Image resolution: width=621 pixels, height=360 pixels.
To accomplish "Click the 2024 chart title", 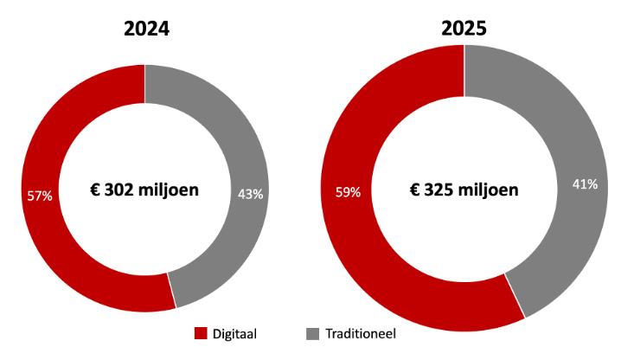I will click(x=145, y=28).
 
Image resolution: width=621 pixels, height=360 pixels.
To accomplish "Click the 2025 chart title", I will click(x=464, y=28).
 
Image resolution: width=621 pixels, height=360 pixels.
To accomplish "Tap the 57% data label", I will click(x=40, y=196).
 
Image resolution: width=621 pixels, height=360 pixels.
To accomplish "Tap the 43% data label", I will click(x=250, y=194).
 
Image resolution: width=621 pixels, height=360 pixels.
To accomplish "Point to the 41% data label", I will click(x=586, y=183).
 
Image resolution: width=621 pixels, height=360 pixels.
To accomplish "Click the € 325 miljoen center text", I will click(x=464, y=189).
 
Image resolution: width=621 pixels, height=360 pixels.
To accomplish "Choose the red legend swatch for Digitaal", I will click(x=202, y=334).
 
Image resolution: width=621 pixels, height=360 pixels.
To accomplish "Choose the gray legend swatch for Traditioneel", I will click(x=313, y=334).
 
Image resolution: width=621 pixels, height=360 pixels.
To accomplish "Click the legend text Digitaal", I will click(x=238, y=334).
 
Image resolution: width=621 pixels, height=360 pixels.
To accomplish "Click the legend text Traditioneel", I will click(x=361, y=334).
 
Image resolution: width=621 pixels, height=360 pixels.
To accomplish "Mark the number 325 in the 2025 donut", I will click(x=441, y=189).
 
